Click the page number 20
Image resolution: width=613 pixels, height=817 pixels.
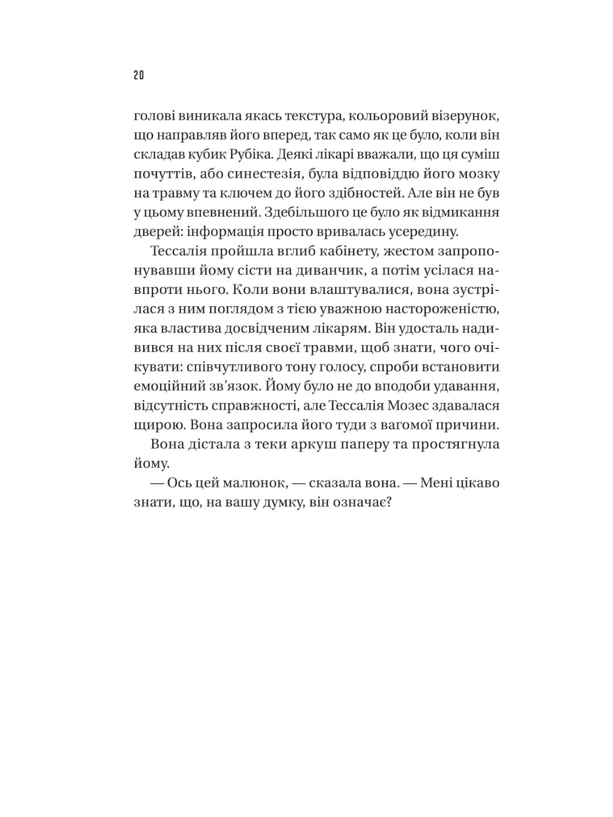click(139, 75)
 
